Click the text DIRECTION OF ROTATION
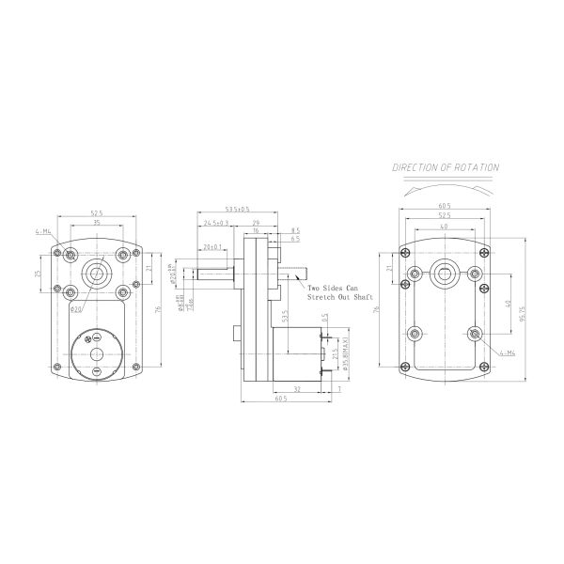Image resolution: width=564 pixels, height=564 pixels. tap(446, 167)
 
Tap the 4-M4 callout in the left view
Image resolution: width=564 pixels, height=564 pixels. tap(42, 230)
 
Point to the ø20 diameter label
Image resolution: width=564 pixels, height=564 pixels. tap(76, 309)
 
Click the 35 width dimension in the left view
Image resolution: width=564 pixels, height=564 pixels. tap(96, 223)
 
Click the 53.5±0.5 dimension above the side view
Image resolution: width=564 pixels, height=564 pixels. tap(238, 210)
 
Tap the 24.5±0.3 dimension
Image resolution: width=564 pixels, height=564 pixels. tap(217, 223)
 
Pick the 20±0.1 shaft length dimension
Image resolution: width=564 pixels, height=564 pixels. tap(213, 247)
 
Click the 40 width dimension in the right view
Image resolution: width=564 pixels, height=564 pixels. tap(443, 227)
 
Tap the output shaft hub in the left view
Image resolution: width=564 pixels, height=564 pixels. tap(95, 274)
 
